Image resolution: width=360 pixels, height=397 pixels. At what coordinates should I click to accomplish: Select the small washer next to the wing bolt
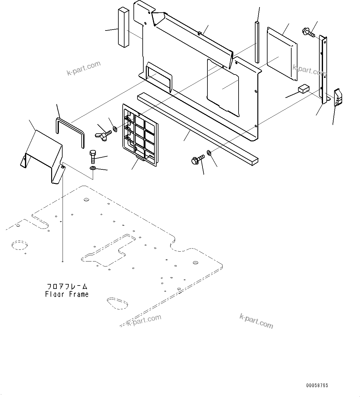click(115, 129)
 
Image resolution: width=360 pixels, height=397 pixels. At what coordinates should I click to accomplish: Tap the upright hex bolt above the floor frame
click(93, 156)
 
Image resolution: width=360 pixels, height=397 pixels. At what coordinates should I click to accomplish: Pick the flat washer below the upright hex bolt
click(93, 168)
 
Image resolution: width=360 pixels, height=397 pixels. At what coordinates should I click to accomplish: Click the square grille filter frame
click(140, 136)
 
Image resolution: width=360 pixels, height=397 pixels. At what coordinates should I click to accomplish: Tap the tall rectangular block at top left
click(122, 27)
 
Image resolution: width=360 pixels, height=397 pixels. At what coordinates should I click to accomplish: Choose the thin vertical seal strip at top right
click(257, 42)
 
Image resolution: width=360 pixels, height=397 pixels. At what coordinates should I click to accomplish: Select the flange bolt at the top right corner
click(309, 32)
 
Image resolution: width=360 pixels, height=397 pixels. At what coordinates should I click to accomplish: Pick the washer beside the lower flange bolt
click(209, 152)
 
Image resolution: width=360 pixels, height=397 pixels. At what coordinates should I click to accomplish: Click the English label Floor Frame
click(67, 294)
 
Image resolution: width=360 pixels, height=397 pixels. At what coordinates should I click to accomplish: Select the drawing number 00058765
click(317, 385)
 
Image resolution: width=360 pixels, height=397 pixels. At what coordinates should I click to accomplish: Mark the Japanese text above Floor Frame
click(67, 287)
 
